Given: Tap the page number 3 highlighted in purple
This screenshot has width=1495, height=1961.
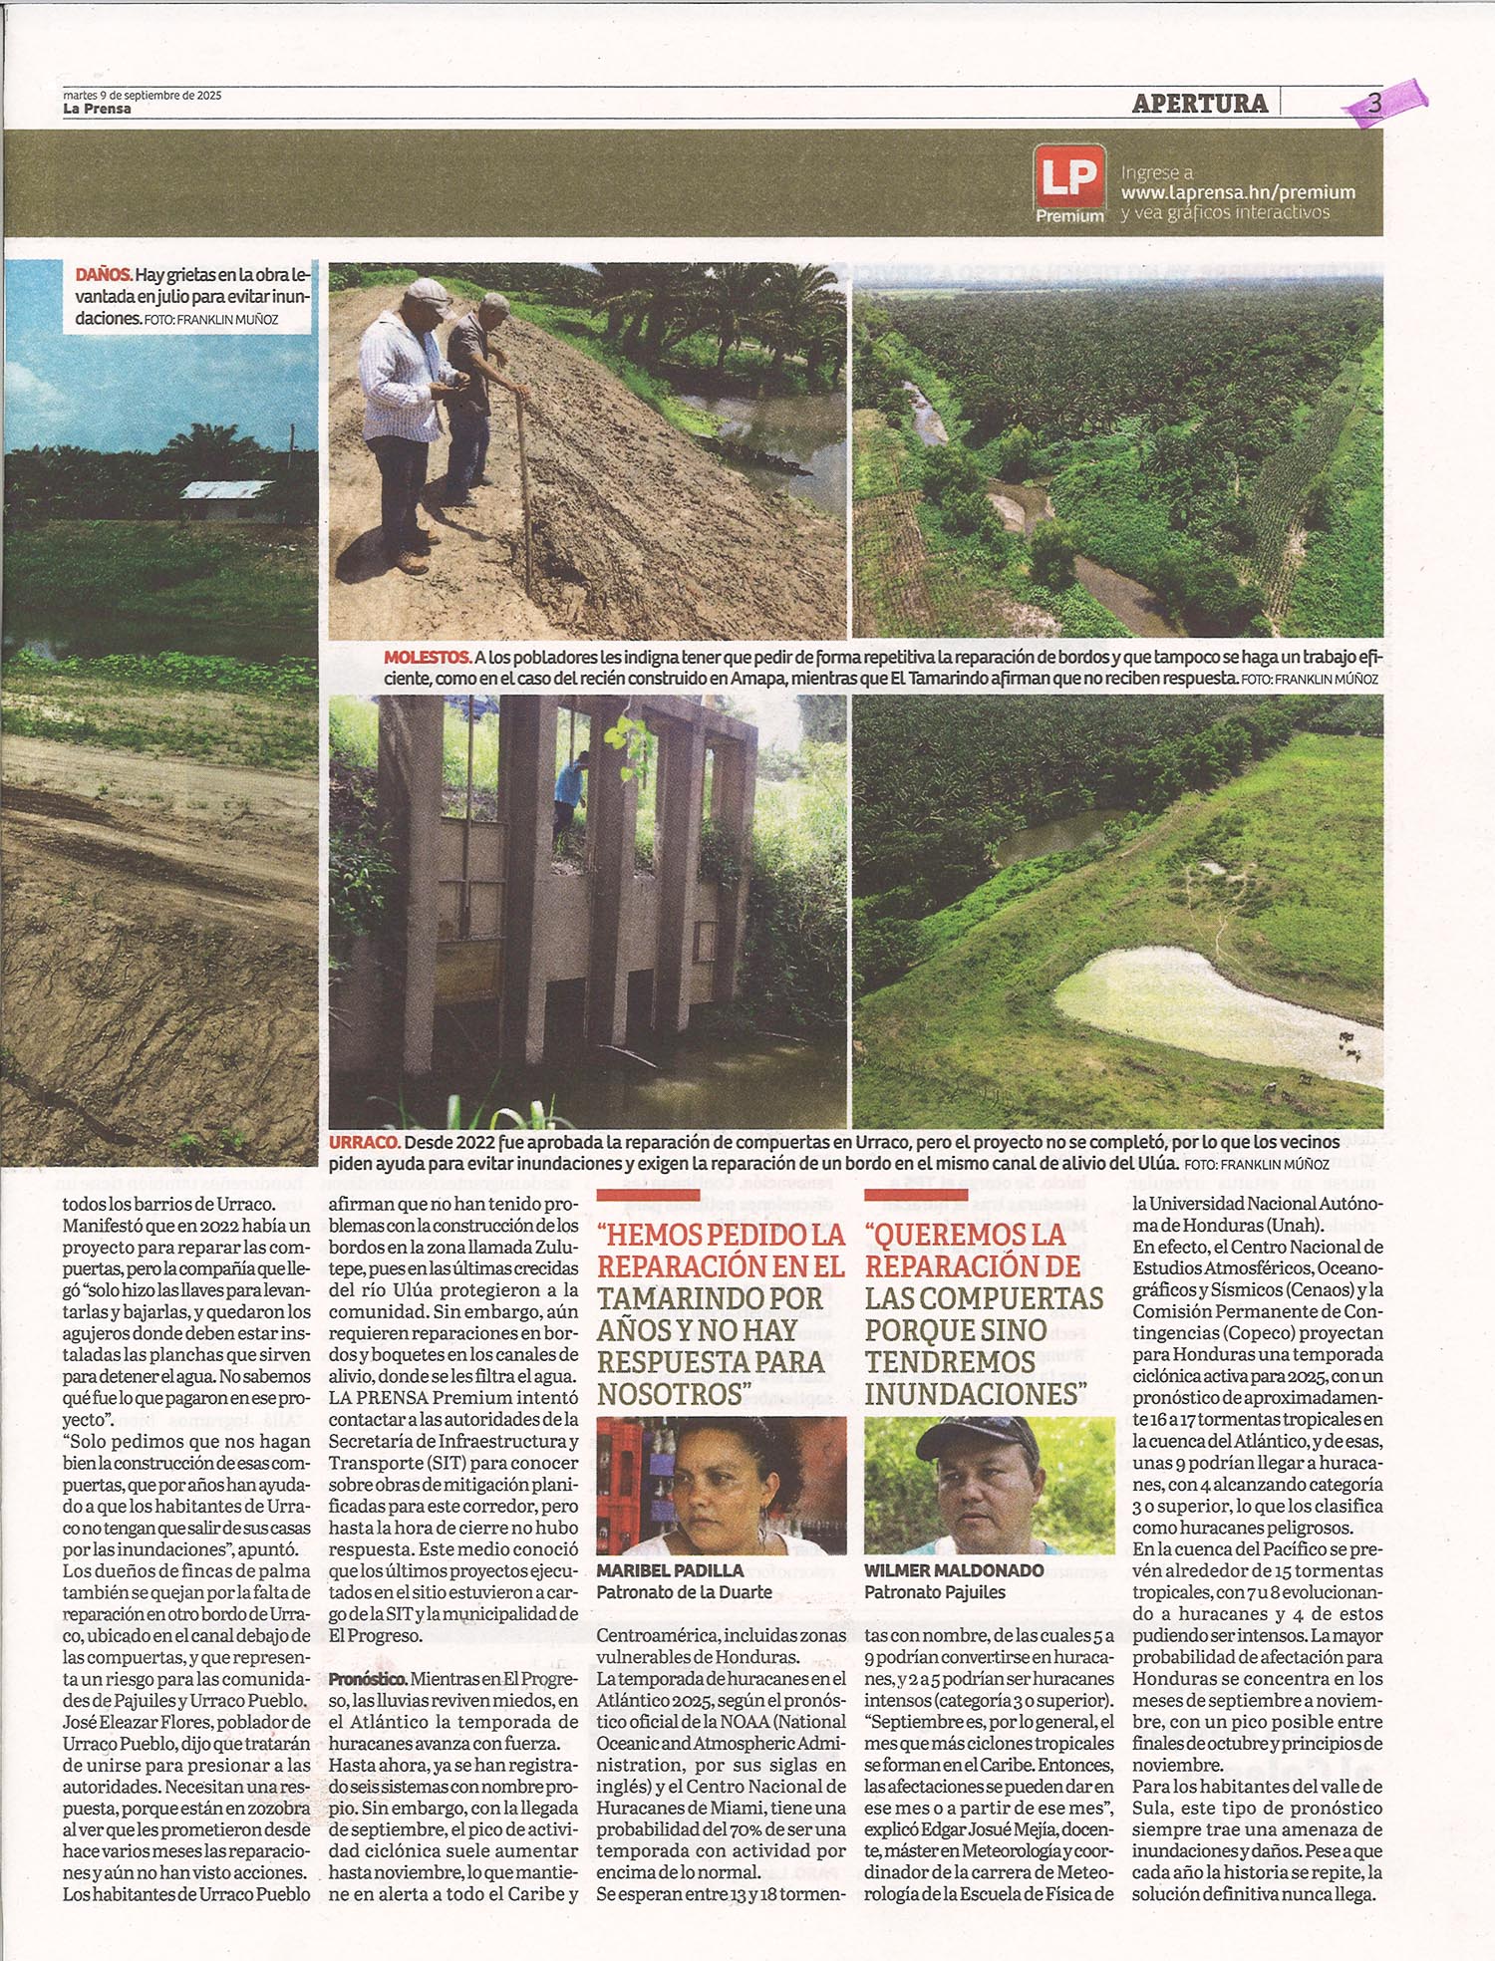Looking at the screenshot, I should click(1375, 103).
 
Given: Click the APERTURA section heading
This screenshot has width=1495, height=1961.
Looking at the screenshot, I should click(1200, 103).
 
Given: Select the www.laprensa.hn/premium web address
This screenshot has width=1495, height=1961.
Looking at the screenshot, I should click(1238, 192).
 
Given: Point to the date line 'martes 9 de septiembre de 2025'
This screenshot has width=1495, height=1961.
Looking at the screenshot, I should click(142, 96).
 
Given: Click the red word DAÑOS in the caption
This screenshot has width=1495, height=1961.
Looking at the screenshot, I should click(104, 274).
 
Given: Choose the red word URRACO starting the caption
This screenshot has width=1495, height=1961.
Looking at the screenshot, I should click(365, 1142).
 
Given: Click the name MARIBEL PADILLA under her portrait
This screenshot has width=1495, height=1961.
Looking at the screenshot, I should click(670, 1570).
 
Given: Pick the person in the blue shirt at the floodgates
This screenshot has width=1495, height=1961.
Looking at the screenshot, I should click(571, 782).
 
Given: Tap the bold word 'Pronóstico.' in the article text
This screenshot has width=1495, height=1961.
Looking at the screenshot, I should click(368, 1679).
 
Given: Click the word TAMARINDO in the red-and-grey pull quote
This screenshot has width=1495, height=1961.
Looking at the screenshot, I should click(710, 1298).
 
